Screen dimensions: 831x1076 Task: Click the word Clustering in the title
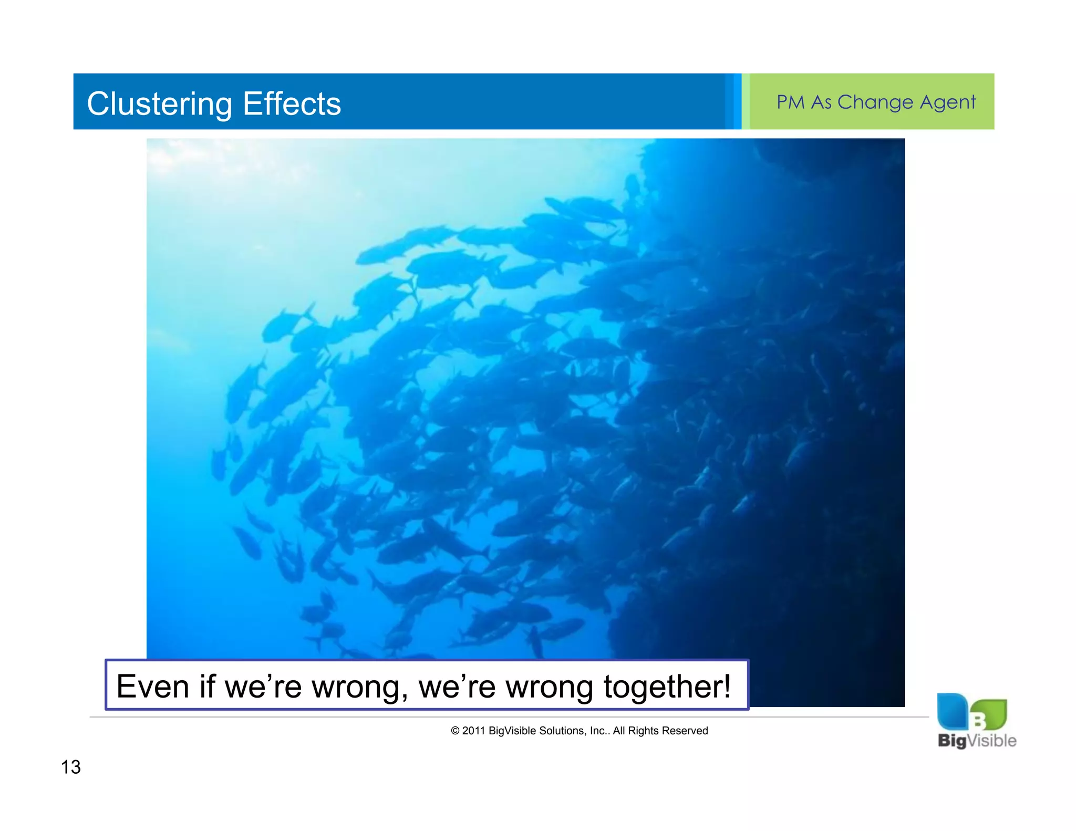pyautogui.click(x=159, y=103)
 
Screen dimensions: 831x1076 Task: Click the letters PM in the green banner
pyautogui.click(x=790, y=102)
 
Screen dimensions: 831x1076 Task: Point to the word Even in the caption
pyautogui.click(x=152, y=686)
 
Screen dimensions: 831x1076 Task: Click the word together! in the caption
pyautogui.click(x=667, y=686)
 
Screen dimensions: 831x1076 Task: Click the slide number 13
pyautogui.click(x=71, y=767)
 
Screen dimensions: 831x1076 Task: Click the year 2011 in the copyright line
pyautogui.click(x=473, y=731)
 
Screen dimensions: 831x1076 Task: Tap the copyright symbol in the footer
pyautogui.click(x=455, y=731)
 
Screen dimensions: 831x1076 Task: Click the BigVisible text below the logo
pyautogui.click(x=977, y=741)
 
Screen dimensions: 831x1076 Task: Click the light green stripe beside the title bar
pyautogui.click(x=745, y=101)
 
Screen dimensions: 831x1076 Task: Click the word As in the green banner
pyautogui.click(x=821, y=102)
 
